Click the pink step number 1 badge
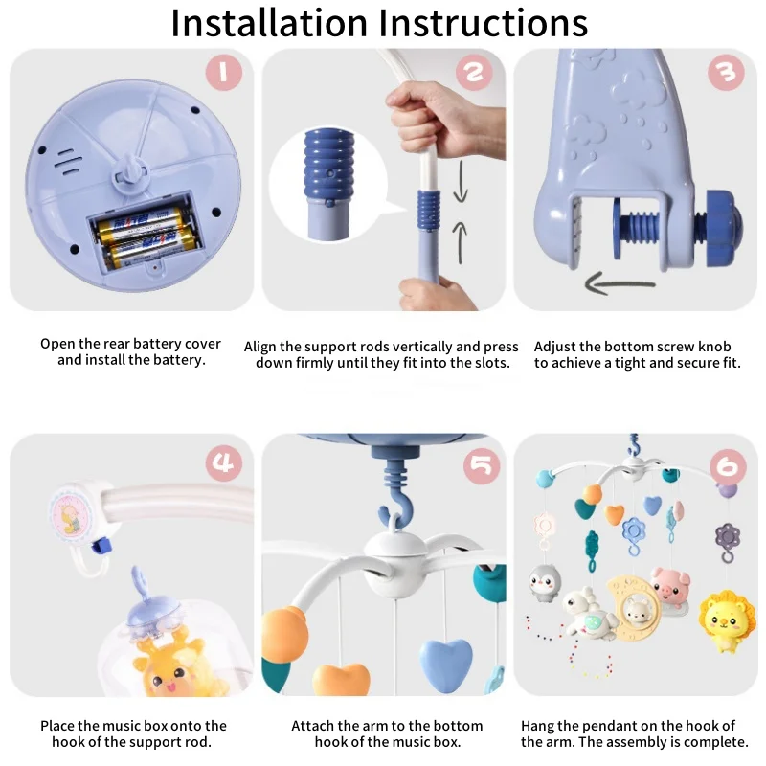224,73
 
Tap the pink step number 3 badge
726,73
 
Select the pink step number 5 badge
482,465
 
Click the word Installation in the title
269,22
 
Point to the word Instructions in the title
484,22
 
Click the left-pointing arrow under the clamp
620,283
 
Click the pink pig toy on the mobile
670,585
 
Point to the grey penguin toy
545,583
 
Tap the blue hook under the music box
396,496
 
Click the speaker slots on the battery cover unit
67,161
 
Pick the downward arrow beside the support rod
461,181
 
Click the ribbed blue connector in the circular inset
328,166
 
